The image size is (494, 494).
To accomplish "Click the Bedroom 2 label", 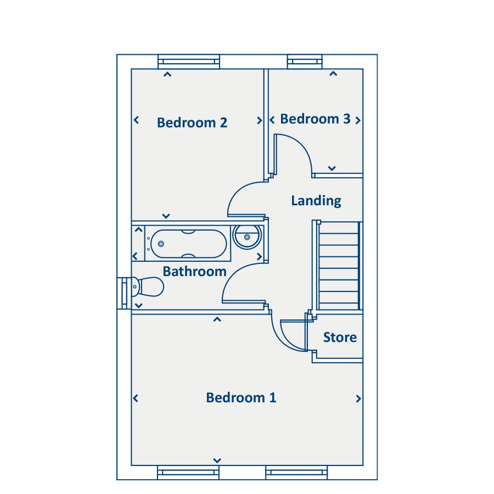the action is click(x=192, y=122).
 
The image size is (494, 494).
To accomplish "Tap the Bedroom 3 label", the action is click(x=316, y=119).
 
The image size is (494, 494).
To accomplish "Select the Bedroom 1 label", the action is click(x=241, y=397).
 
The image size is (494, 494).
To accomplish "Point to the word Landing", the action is click(x=316, y=201).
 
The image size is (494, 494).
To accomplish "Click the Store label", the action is click(x=340, y=338).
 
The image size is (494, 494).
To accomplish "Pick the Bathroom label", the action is click(x=195, y=272).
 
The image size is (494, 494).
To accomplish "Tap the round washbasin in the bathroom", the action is click(x=247, y=237).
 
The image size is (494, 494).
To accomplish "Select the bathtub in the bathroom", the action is click(x=188, y=244).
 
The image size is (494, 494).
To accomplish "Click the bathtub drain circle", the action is click(x=161, y=244).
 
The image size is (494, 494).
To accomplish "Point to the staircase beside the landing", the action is click(x=339, y=266).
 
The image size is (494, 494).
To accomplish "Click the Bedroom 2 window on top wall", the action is click(x=189, y=61).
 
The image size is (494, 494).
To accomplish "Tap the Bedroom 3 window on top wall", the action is click(x=305, y=61).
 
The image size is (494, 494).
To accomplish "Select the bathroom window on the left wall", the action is click(x=124, y=293).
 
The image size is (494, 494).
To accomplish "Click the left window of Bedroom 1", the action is click(x=188, y=472).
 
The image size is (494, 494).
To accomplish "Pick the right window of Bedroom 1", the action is click(x=296, y=472).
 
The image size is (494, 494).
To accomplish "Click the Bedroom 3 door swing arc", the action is click(x=301, y=145).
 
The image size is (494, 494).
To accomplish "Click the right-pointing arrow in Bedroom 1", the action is click(x=358, y=399).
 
